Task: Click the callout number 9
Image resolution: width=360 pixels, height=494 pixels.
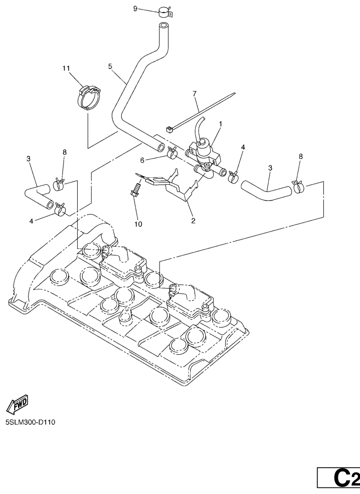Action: point(135,8)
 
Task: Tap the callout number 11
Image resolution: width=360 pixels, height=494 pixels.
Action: point(66,68)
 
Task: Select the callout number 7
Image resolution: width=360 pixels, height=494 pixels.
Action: point(194,95)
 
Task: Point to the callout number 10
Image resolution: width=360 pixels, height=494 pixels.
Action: point(138,224)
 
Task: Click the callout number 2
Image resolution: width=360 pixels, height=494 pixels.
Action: point(193,220)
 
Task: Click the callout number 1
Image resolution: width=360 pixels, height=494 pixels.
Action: point(220,123)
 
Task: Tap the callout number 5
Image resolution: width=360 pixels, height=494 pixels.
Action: point(110,66)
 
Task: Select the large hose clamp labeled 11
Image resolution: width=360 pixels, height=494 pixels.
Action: point(89,96)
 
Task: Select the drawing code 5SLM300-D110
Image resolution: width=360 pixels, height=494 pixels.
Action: point(31,422)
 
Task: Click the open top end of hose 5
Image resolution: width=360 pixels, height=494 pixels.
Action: point(163,25)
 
